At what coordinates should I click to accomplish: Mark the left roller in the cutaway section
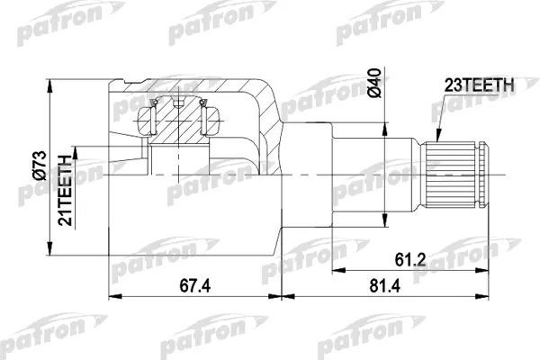[154, 116]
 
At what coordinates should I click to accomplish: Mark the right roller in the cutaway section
[210, 116]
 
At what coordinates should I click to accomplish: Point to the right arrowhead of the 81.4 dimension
[490, 297]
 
